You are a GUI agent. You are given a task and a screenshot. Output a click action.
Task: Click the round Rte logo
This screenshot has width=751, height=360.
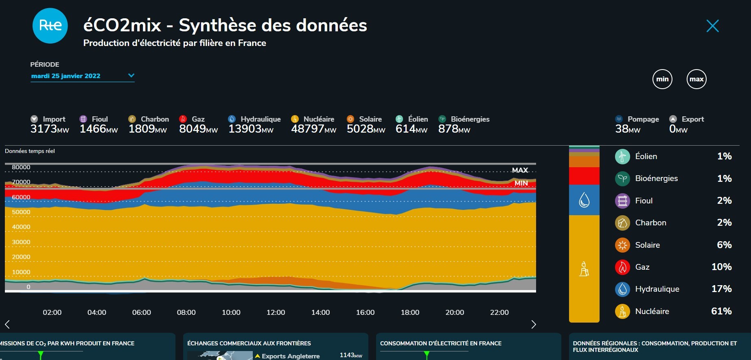[x=50, y=26]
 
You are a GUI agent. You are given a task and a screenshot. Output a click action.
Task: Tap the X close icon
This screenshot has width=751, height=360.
[x=712, y=26]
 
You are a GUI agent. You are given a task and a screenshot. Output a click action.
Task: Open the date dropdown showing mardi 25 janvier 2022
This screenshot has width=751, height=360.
[x=82, y=76]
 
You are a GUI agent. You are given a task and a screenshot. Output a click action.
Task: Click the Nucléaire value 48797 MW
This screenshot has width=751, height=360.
[x=313, y=129]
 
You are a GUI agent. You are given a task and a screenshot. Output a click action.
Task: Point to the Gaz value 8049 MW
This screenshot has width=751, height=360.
[x=198, y=129]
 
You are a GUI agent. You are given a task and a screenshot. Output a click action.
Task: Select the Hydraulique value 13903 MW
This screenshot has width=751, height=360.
[x=251, y=129]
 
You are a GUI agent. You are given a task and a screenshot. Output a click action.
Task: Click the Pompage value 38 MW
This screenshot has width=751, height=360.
[x=628, y=129]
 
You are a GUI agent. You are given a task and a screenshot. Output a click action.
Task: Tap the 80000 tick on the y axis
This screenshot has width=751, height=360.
[x=21, y=167]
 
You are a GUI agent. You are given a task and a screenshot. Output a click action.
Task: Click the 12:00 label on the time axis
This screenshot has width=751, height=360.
[x=276, y=312]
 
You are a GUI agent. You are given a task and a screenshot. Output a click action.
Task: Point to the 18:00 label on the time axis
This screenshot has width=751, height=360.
[x=410, y=312]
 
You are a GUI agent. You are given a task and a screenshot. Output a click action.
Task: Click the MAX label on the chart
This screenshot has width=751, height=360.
[x=520, y=170]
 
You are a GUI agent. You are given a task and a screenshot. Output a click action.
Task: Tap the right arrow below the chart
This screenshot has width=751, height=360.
[x=534, y=324]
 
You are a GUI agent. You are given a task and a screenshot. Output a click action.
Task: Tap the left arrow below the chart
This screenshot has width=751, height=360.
[x=7, y=324]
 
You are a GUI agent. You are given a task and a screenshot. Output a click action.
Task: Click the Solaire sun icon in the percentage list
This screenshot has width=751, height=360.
[x=622, y=245]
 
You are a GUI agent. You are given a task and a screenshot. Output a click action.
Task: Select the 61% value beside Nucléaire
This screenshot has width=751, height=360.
[x=721, y=311]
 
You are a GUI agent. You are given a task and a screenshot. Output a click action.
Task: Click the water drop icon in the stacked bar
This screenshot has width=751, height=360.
[x=584, y=200]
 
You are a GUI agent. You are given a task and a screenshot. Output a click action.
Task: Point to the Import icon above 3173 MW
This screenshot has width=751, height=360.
[x=34, y=119]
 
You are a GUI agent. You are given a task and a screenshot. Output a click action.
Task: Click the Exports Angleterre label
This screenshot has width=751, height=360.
[x=290, y=356]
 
